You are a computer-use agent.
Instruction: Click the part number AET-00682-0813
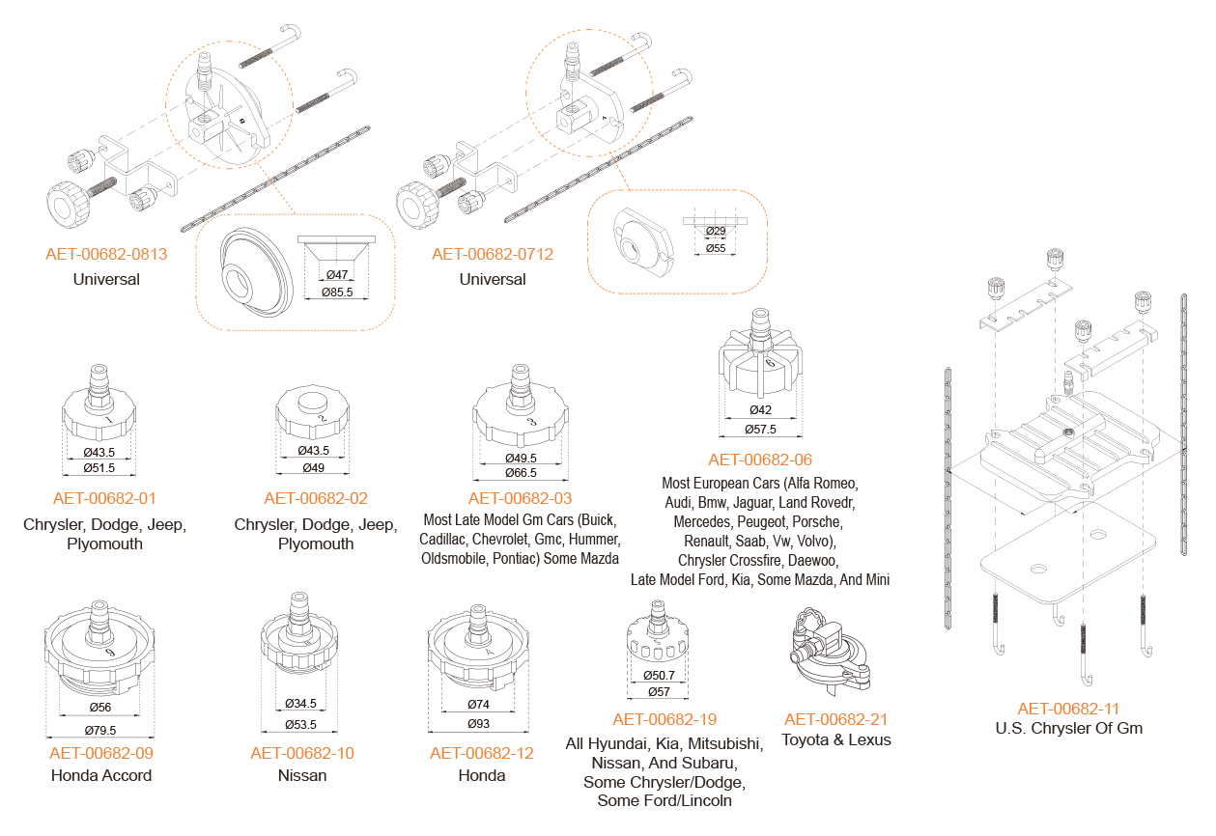(106, 255)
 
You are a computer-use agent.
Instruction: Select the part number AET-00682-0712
(493, 255)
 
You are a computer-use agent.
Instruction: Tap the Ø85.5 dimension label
(336, 292)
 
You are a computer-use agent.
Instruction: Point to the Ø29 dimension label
(716, 232)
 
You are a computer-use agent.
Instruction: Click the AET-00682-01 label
(104, 499)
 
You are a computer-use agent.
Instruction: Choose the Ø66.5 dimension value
(521, 473)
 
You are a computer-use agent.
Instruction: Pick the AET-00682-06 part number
(760, 460)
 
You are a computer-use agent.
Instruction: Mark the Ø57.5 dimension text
(760, 429)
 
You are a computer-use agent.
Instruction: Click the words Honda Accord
(101, 775)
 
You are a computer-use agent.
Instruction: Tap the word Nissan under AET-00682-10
(302, 775)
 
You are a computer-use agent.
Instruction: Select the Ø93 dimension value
(480, 724)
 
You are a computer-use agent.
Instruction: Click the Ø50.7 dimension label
(660, 676)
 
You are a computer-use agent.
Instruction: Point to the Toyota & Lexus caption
(835, 740)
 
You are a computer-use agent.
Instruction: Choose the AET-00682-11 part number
(1068, 709)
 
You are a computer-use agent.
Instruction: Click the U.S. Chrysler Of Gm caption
(1068, 729)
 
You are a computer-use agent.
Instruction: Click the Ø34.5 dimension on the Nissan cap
(301, 703)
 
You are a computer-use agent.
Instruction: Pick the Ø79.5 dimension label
(99, 730)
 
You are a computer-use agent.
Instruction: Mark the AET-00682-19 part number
(665, 719)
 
